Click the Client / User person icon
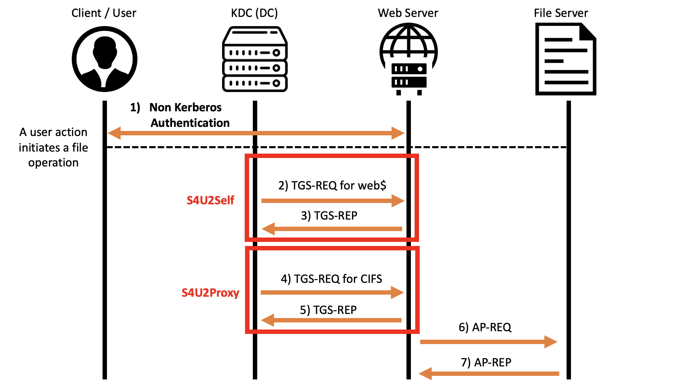pyautogui.click(x=105, y=59)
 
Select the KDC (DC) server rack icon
pyautogui.click(x=255, y=59)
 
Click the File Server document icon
pyautogui.click(x=566, y=59)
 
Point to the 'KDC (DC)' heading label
pyautogui.click(x=254, y=13)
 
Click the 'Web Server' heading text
pyautogui.click(x=408, y=13)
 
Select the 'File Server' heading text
pyautogui.click(x=561, y=13)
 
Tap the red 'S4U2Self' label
pyautogui.click(x=210, y=200)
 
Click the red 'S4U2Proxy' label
pyautogui.click(x=210, y=293)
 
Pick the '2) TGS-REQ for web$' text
pyautogui.click(x=332, y=185)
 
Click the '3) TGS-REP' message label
pyautogui.click(x=329, y=216)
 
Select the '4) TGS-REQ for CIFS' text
pyautogui.click(x=331, y=279)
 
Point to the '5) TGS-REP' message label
pyautogui.click(x=328, y=310)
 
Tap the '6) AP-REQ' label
pyautogui.click(x=485, y=327)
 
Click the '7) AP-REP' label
pyautogui.click(x=486, y=362)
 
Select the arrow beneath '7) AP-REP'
pyautogui.click(x=489, y=374)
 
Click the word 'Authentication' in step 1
pyautogui.click(x=190, y=123)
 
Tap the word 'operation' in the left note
pyautogui.click(x=53, y=163)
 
